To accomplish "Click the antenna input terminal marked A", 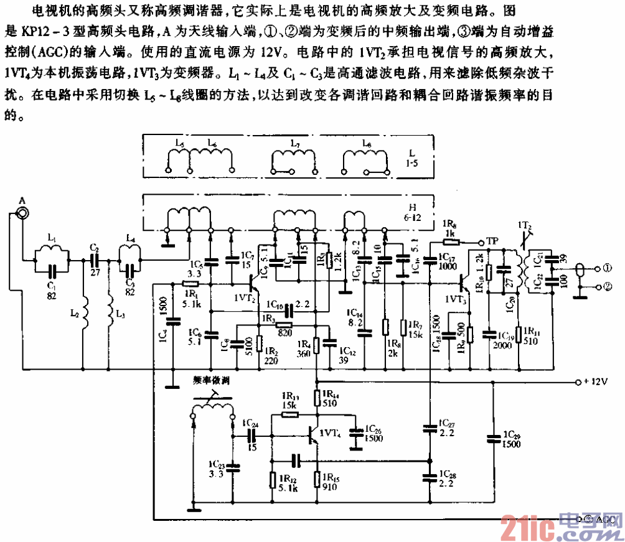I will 23,213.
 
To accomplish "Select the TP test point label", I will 492,241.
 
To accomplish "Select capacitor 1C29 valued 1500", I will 494,438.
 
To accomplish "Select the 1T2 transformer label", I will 523,225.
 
